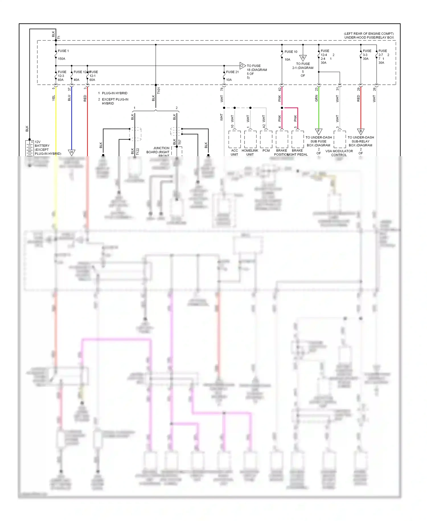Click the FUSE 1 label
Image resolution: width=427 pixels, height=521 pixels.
click(63, 51)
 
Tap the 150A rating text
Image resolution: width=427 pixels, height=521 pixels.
click(61, 59)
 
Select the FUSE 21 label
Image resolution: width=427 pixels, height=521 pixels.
click(232, 72)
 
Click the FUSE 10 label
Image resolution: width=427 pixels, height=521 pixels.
click(291, 52)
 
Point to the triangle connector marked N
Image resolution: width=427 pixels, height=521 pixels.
click(303, 58)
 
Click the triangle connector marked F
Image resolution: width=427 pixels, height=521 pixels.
click(319, 131)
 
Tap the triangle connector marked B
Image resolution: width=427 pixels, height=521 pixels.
click(361, 131)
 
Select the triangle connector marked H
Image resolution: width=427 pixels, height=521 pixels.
click(71, 152)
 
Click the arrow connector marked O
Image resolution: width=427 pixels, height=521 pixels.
click(242, 66)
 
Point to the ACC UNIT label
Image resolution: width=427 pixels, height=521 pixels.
click(234, 152)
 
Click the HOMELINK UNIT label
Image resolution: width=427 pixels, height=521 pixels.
click(250, 152)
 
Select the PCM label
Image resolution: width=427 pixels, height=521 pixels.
click(266, 150)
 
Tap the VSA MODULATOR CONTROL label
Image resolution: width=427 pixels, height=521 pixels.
click(339, 153)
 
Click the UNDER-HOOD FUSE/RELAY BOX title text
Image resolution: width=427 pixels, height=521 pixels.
click(369, 37)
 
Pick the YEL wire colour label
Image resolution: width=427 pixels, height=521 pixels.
click(54, 98)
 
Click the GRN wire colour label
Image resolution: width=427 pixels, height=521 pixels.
click(316, 99)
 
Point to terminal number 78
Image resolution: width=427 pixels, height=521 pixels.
click(222, 89)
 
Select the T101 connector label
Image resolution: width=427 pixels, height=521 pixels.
click(159, 91)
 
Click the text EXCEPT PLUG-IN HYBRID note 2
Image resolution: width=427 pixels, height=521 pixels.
click(115, 101)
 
